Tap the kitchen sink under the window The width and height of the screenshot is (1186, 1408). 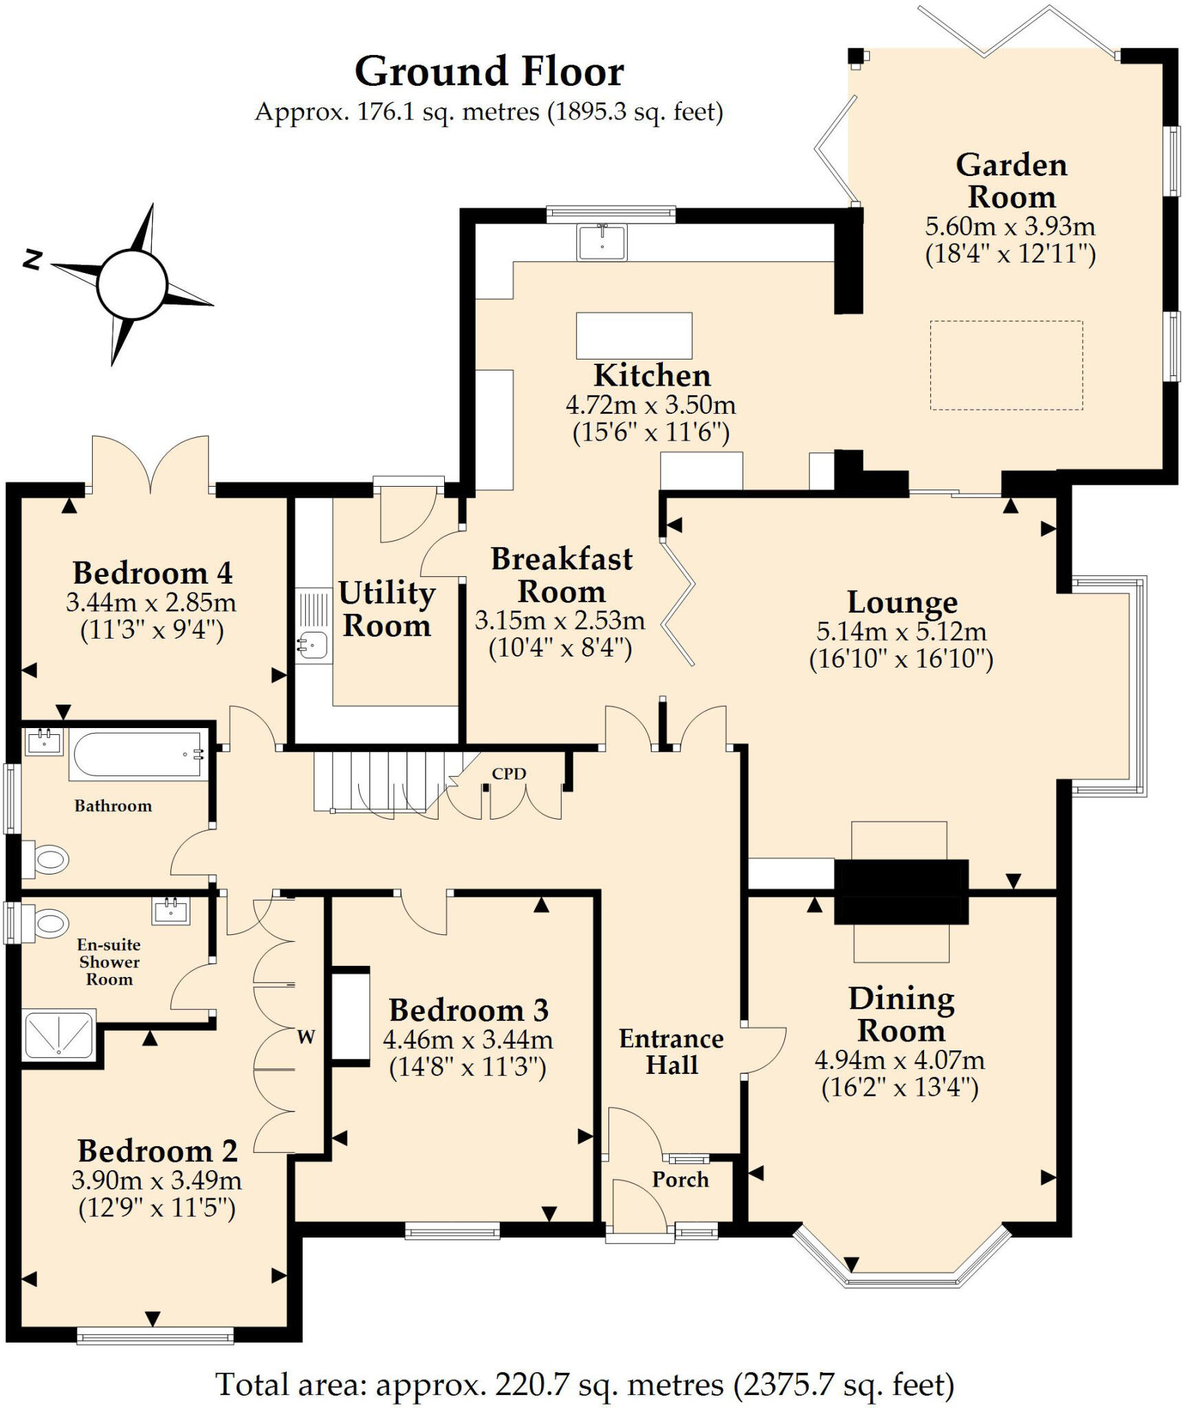tap(602, 241)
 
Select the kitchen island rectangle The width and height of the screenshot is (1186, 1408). tap(633, 335)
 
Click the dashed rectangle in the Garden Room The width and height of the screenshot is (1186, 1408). tap(1006, 365)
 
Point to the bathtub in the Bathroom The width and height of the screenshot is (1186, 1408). tap(138, 755)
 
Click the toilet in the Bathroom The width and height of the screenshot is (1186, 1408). tap(47, 859)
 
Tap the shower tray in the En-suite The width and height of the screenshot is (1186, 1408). tap(58, 1034)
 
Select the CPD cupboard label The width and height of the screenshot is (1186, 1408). tap(509, 773)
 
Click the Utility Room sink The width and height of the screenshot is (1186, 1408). tap(313, 645)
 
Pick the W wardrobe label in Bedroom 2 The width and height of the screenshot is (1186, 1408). tap(306, 1037)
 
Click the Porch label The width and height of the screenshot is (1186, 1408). tap(680, 1179)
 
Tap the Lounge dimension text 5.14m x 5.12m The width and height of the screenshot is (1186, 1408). tap(901, 630)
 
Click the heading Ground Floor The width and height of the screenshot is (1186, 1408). tap(489, 71)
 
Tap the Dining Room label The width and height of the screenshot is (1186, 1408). tap(901, 1014)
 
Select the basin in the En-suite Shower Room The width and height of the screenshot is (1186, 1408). tap(171, 911)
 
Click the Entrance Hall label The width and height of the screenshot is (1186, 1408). tap(671, 1051)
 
